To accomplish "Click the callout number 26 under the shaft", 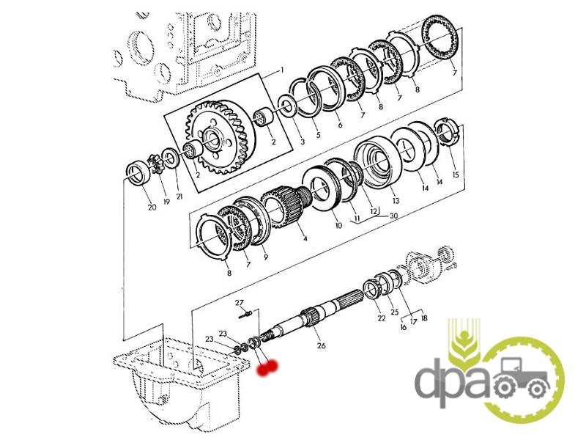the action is (x=321, y=345).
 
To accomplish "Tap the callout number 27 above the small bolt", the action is (x=240, y=303).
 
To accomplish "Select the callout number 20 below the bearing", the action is (x=152, y=207).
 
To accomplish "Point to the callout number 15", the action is (x=455, y=175).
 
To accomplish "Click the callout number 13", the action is (x=396, y=201).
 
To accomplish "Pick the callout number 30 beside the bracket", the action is (x=393, y=216).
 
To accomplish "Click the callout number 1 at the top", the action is (x=282, y=70).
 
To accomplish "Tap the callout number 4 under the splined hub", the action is (x=305, y=238).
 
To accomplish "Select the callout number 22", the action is (x=381, y=318).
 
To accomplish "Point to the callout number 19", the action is (x=166, y=202).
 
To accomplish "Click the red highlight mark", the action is (x=267, y=367).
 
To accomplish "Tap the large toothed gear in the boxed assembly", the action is (x=220, y=138).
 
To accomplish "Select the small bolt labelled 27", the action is (x=247, y=314).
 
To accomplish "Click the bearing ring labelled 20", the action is (x=139, y=172).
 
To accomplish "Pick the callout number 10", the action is (x=338, y=226).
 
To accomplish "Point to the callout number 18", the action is (x=424, y=318).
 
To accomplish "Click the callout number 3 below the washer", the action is (x=303, y=142).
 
